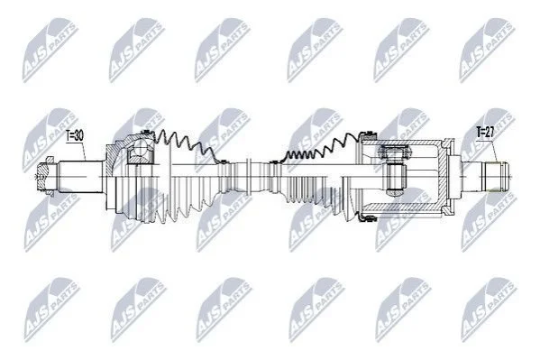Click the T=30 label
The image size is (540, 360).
75,135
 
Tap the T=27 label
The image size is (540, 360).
485,133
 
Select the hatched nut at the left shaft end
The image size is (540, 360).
44,177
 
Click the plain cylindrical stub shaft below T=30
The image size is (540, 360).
80,177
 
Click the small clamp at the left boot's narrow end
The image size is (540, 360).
223,161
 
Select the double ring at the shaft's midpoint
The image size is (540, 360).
250,177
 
